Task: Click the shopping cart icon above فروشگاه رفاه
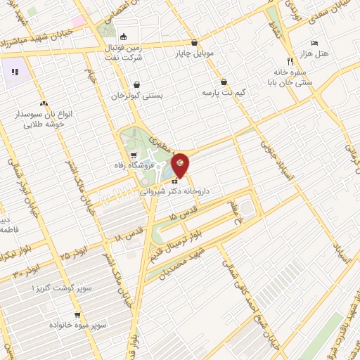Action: [x=134, y=155]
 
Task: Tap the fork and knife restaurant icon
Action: [x=290, y=61]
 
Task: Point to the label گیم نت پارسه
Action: [x=223, y=92]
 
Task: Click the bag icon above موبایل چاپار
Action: [x=195, y=41]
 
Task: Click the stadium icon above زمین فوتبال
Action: [x=124, y=37]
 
